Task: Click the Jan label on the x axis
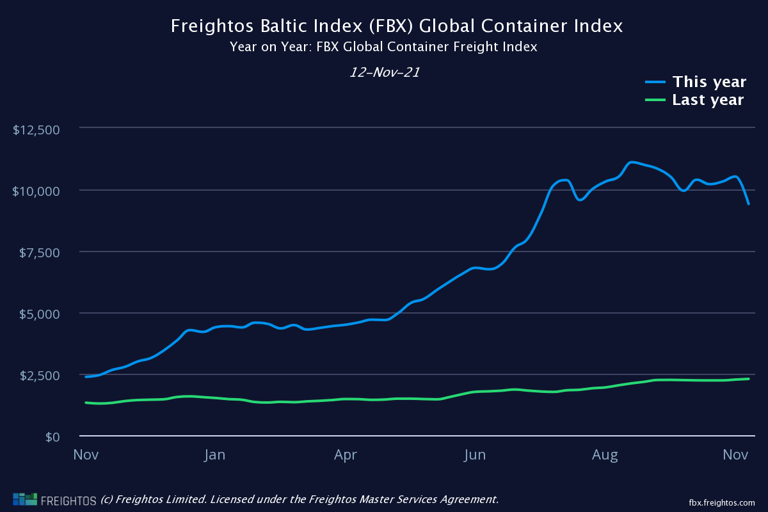(x=215, y=455)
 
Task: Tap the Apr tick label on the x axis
(x=345, y=455)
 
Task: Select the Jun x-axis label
(x=475, y=455)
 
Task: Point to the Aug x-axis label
(x=605, y=455)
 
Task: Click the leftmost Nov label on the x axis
(x=85, y=455)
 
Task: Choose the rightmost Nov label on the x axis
(x=735, y=455)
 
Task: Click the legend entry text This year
(x=709, y=82)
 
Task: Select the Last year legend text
(x=708, y=100)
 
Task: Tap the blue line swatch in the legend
(x=655, y=82)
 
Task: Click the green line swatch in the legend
(x=655, y=100)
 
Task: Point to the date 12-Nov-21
(x=384, y=72)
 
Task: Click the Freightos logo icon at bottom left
(x=25, y=499)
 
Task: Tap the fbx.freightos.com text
(x=721, y=502)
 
